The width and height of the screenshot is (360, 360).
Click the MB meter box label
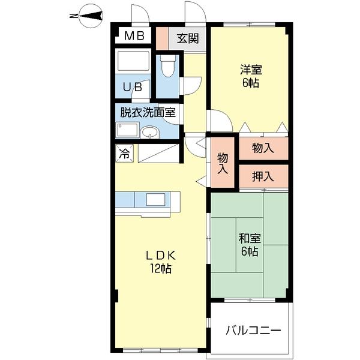tap(134, 36)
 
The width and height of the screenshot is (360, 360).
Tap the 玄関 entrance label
tap(188, 38)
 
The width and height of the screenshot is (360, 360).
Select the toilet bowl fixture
tap(167, 66)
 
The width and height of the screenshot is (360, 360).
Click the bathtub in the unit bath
tap(133, 61)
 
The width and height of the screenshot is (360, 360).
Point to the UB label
tap(133, 87)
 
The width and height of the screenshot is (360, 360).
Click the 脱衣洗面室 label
tap(148, 113)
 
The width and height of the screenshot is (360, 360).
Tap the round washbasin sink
tap(150, 133)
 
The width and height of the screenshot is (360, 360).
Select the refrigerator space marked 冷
tap(124, 154)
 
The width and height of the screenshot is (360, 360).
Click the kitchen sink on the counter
tap(156, 199)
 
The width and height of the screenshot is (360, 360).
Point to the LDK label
tap(161, 256)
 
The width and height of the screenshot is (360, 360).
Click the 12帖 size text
tap(161, 268)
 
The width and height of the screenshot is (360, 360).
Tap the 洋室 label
tap(251, 70)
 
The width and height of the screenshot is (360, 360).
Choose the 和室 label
tap(250, 239)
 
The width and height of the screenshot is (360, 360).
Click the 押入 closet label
tap(263, 176)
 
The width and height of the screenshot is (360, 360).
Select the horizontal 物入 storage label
tap(263, 148)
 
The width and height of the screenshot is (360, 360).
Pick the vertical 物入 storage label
tap(223, 163)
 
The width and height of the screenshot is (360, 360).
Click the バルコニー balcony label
tap(253, 331)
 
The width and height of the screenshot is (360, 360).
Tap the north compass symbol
tap(91, 16)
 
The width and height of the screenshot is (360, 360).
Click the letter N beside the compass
tap(74, 16)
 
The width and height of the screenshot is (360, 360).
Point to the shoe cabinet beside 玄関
tap(162, 38)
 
